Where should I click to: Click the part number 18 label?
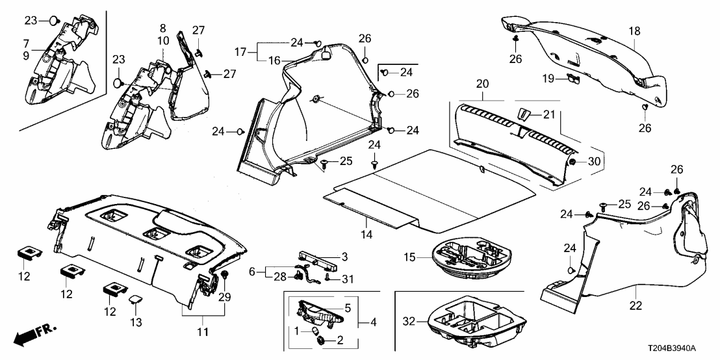pyautogui.click(x=634, y=31)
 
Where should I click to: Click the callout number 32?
pyautogui.click(x=409, y=321)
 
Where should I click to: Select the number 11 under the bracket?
pyautogui.click(x=202, y=333)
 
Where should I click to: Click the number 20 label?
pyautogui.click(x=481, y=84)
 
